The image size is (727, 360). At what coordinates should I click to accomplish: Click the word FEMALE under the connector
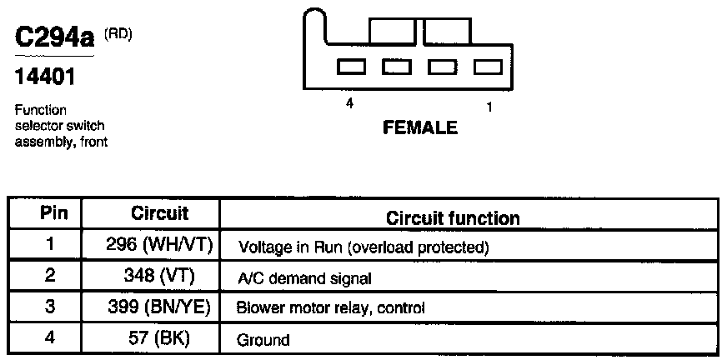pos(419,127)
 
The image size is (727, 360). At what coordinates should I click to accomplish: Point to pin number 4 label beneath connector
pos(349,105)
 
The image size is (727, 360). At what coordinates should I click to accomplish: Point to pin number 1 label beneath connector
pos(489,106)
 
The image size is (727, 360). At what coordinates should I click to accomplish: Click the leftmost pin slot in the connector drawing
pos(348,66)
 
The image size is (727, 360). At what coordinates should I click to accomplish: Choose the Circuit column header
pos(159,214)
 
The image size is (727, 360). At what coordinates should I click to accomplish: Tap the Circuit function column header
pos(453,218)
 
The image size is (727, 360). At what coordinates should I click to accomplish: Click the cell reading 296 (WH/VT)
pos(159,246)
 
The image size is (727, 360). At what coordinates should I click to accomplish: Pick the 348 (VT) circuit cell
pos(159,277)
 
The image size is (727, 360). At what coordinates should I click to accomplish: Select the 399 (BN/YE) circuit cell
pos(159,307)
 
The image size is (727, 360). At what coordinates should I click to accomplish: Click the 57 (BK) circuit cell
pos(159,338)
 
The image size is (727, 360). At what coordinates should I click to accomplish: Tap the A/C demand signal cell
pos(304,278)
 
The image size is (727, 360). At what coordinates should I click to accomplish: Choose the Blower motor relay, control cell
pos(331,308)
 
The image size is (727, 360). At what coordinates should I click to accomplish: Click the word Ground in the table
pos(263,340)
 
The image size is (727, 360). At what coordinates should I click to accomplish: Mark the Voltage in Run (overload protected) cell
pos(363,247)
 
